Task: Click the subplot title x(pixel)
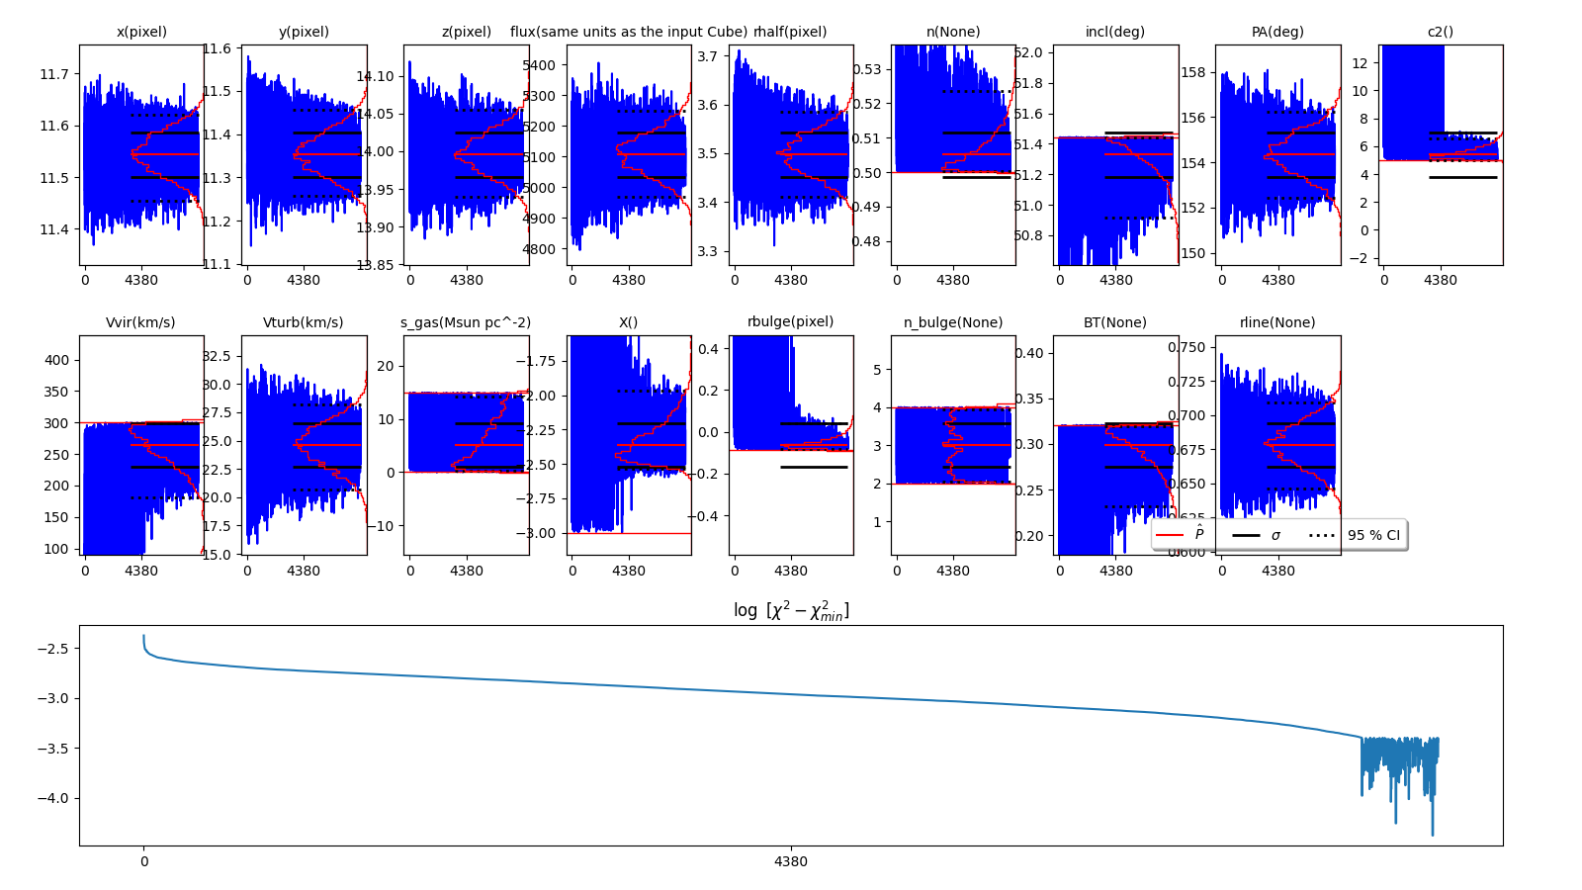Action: coord(141,32)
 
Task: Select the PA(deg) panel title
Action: coord(1277,32)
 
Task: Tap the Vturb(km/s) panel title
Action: coord(304,322)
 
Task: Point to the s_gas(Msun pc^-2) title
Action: coord(466,322)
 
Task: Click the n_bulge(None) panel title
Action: coord(953,322)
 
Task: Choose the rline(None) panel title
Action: coord(1277,322)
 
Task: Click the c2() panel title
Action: coord(1441,32)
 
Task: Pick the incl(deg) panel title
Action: coord(1115,32)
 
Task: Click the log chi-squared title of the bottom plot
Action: coord(791,611)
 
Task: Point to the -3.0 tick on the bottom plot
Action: coord(54,698)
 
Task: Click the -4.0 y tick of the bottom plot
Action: coord(54,798)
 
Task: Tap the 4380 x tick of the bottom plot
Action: coord(791,861)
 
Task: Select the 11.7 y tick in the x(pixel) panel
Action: coord(54,74)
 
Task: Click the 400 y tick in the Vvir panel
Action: coord(57,360)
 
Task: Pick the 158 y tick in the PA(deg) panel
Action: coord(1193,72)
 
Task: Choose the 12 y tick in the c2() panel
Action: coord(1360,63)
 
